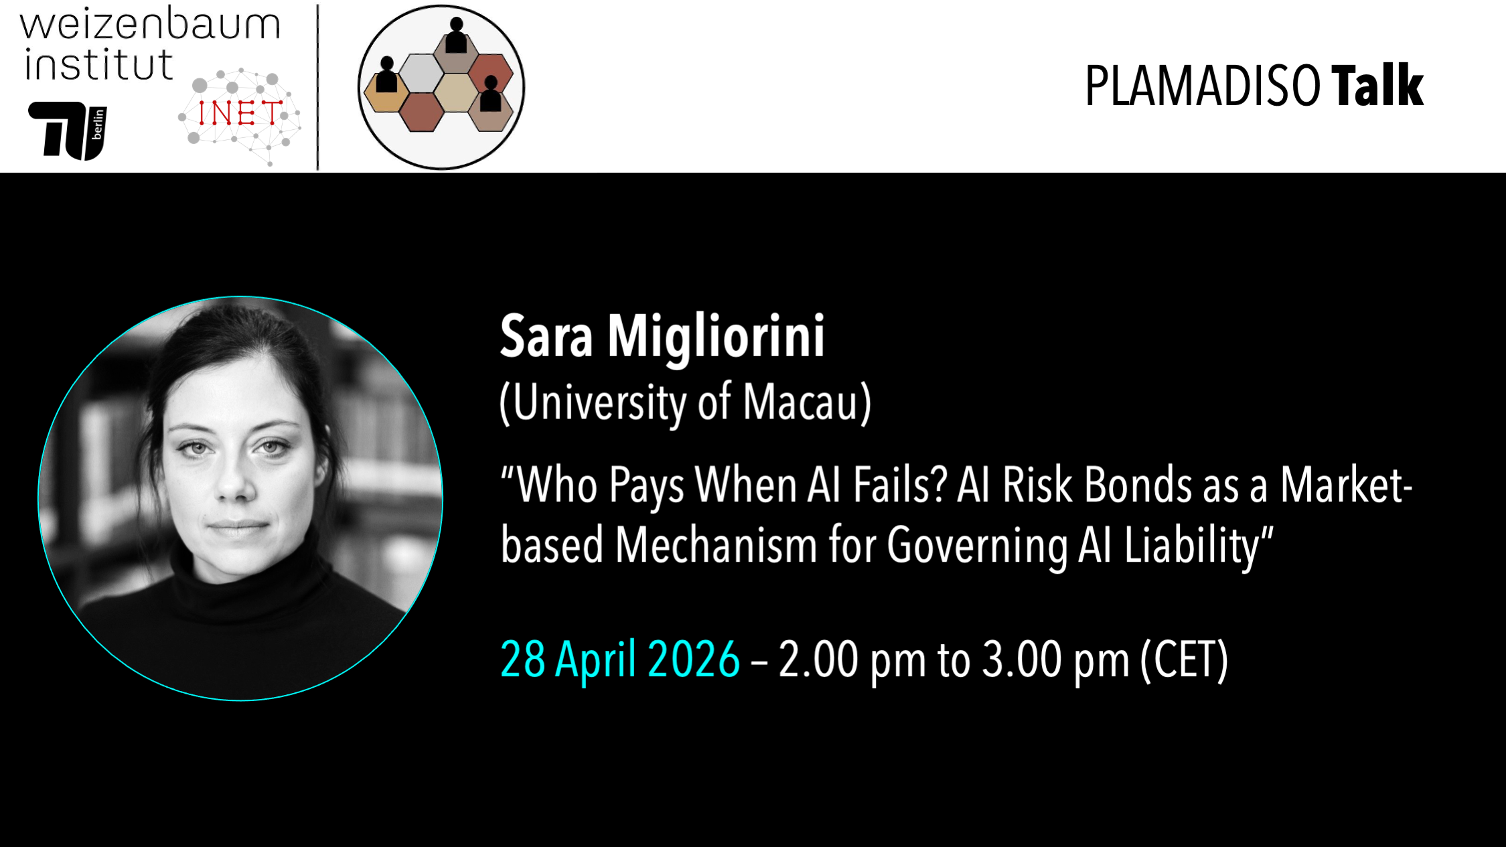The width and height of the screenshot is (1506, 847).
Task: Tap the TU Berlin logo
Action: [x=68, y=131]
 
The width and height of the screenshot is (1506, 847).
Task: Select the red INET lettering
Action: [x=240, y=114]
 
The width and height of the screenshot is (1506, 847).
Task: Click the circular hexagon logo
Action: [x=441, y=87]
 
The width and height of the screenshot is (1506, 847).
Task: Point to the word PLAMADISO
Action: [x=1203, y=86]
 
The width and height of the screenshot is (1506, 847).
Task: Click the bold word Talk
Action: [x=1377, y=86]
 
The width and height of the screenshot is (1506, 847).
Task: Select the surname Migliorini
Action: [x=716, y=337]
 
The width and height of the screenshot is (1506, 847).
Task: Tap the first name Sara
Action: [x=546, y=337]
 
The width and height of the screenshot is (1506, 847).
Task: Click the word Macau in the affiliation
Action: [x=800, y=403]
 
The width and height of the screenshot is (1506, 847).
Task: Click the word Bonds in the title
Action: [x=1138, y=485]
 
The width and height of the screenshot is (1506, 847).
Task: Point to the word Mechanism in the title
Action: [x=716, y=545]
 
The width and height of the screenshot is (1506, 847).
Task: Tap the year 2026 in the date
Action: [x=694, y=660]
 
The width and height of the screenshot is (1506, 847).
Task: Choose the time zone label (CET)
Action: [x=1185, y=660]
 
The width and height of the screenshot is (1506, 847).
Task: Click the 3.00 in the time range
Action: [x=1022, y=660]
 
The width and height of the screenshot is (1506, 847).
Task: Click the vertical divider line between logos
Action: [x=317, y=87]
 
